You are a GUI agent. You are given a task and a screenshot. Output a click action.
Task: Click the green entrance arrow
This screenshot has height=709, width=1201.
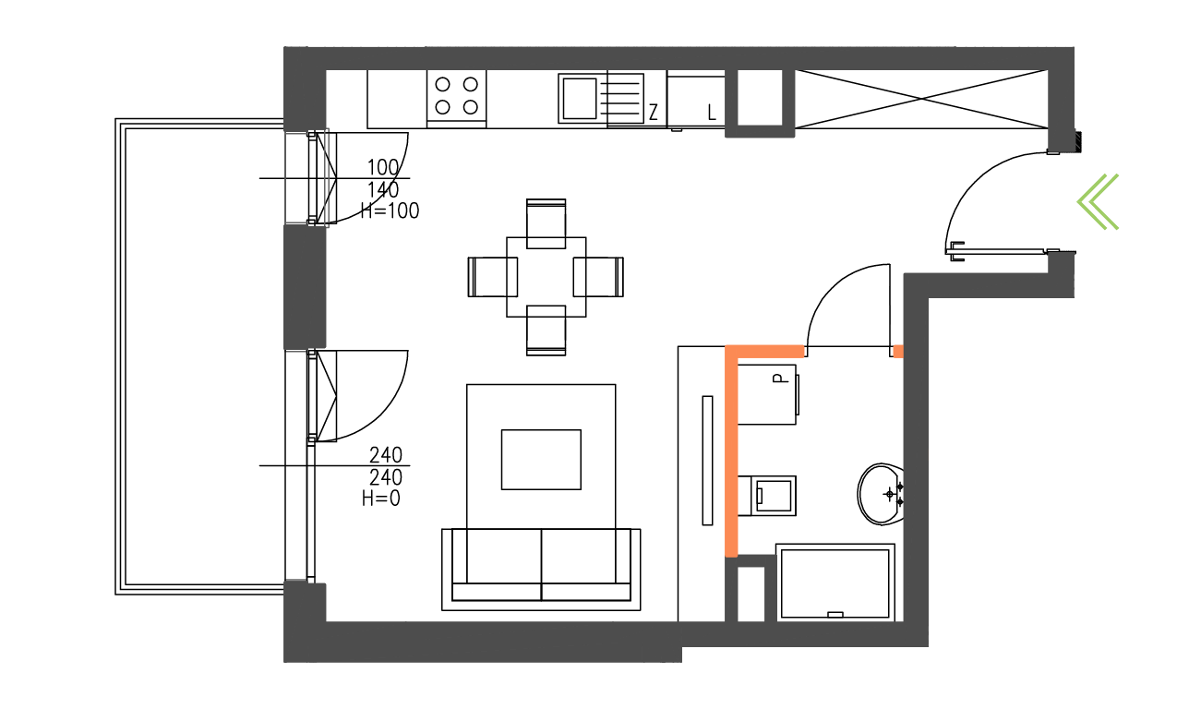coord(1098,202)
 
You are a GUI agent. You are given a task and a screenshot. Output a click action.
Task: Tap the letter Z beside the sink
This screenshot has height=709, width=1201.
coord(653,112)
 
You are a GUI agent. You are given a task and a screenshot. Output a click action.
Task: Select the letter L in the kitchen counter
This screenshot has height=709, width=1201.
coord(712,113)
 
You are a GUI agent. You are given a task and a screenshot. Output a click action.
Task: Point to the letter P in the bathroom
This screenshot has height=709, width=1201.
coord(781,379)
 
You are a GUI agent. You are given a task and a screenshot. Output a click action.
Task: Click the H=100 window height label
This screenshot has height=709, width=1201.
coord(390,210)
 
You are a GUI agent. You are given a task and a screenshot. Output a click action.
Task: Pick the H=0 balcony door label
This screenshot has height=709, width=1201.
coord(380,499)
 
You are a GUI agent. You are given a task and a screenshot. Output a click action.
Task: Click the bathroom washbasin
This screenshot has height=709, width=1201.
coord(881,494)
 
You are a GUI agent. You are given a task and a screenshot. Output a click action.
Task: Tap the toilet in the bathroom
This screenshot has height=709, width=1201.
coord(767,496)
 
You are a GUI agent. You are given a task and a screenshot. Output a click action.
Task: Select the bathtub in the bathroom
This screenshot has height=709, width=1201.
coord(835,583)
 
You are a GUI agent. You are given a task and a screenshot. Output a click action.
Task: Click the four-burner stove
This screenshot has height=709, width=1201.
coord(456,99)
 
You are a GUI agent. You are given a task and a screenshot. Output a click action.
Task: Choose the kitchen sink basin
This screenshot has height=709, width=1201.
coord(580,99)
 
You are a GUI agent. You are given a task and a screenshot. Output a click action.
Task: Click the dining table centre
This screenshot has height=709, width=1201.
coord(546,277)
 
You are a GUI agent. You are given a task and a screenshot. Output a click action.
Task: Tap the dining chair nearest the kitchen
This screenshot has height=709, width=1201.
coord(546,223)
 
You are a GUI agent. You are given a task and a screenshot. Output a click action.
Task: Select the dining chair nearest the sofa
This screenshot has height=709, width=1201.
coord(546,330)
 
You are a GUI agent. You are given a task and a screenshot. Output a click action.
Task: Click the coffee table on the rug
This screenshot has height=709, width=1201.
coord(541,460)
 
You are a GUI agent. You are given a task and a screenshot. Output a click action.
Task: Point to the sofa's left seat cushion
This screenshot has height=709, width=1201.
coord(497,556)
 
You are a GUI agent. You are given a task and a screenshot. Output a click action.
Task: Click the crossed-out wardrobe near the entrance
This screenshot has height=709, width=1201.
coord(921,99)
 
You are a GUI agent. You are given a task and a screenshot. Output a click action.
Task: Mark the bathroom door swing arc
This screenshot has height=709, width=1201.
coord(848,306)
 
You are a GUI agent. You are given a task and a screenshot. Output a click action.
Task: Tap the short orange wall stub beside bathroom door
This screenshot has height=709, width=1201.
coord(898,352)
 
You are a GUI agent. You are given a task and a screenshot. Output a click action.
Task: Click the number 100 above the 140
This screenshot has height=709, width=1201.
coord(383,167)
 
